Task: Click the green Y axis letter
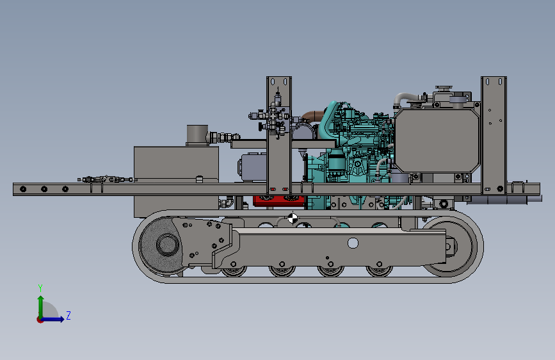coord(40,288)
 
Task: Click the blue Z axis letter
coord(68,315)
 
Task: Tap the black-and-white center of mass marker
coord(293,218)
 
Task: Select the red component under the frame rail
coord(279,200)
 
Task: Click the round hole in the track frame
coord(353,243)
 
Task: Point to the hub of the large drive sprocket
coord(168,245)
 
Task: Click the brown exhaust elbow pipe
coord(312,116)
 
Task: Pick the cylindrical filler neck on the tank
coord(197,135)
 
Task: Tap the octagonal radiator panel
coord(437,140)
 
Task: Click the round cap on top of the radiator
coord(444,88)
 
